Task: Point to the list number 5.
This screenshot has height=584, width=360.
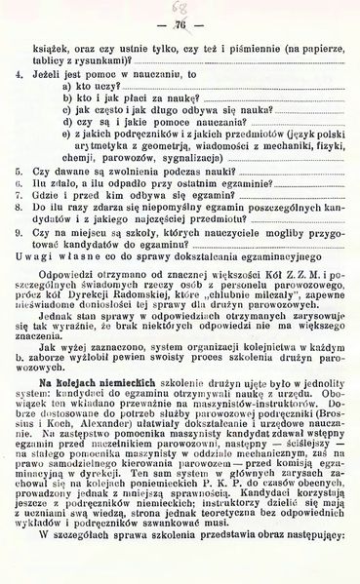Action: (x=20, y=169)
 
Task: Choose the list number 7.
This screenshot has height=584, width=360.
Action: (x=20, y=194)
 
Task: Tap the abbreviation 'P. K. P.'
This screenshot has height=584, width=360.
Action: (x=227, y=506)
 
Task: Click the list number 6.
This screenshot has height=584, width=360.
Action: (x=20, y=181)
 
